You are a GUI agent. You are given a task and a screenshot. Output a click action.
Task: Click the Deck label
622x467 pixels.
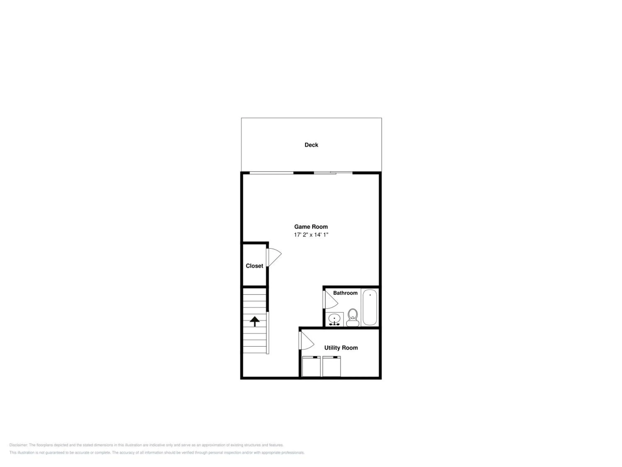[311, 145]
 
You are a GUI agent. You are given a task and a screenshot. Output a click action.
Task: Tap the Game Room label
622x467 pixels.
[311, 227]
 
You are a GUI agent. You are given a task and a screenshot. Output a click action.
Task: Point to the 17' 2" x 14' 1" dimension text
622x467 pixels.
[311, 235]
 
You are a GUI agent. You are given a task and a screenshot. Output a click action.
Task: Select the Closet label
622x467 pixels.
[254, 266]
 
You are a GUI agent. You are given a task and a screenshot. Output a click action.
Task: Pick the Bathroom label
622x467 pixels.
[345, 293]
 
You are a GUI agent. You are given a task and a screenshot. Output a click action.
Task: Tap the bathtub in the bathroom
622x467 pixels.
[370, 307]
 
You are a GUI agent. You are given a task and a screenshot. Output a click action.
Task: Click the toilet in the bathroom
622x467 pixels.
[353, 318]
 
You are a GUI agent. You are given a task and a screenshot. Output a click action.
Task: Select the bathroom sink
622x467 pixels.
[334, 319]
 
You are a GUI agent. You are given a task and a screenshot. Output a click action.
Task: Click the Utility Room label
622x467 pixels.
[341, 348]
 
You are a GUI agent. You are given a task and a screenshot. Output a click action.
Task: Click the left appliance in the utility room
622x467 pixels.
[311, 366]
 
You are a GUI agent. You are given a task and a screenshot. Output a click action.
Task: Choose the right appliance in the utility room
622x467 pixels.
[332, 366]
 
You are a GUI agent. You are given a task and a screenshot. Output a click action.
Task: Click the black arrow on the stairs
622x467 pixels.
[255, 321]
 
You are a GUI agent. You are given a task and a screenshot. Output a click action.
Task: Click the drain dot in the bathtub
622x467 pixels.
[370, 295]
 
